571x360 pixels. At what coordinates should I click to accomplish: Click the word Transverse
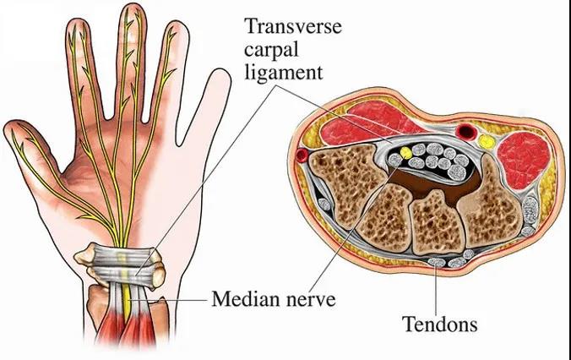click(x=293, y=26)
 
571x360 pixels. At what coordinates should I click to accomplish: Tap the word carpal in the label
click(x=271, y=50)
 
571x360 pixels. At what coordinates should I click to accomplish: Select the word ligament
click(x=283, y=73)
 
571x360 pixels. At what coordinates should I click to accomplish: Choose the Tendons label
click(x=439, y=324)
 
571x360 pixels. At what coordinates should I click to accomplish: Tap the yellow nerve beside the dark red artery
click(x=486, y=141)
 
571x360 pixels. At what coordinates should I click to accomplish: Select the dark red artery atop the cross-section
click(x=466, y=131)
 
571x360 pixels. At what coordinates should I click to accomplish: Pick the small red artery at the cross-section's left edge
click(x=302, y=155)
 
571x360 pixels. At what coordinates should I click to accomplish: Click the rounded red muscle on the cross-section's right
click(x=524, y=161)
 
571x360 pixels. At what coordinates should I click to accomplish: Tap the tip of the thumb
click(x=11, y=128)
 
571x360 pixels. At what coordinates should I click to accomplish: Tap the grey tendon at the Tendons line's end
click(x=437, y=262)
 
